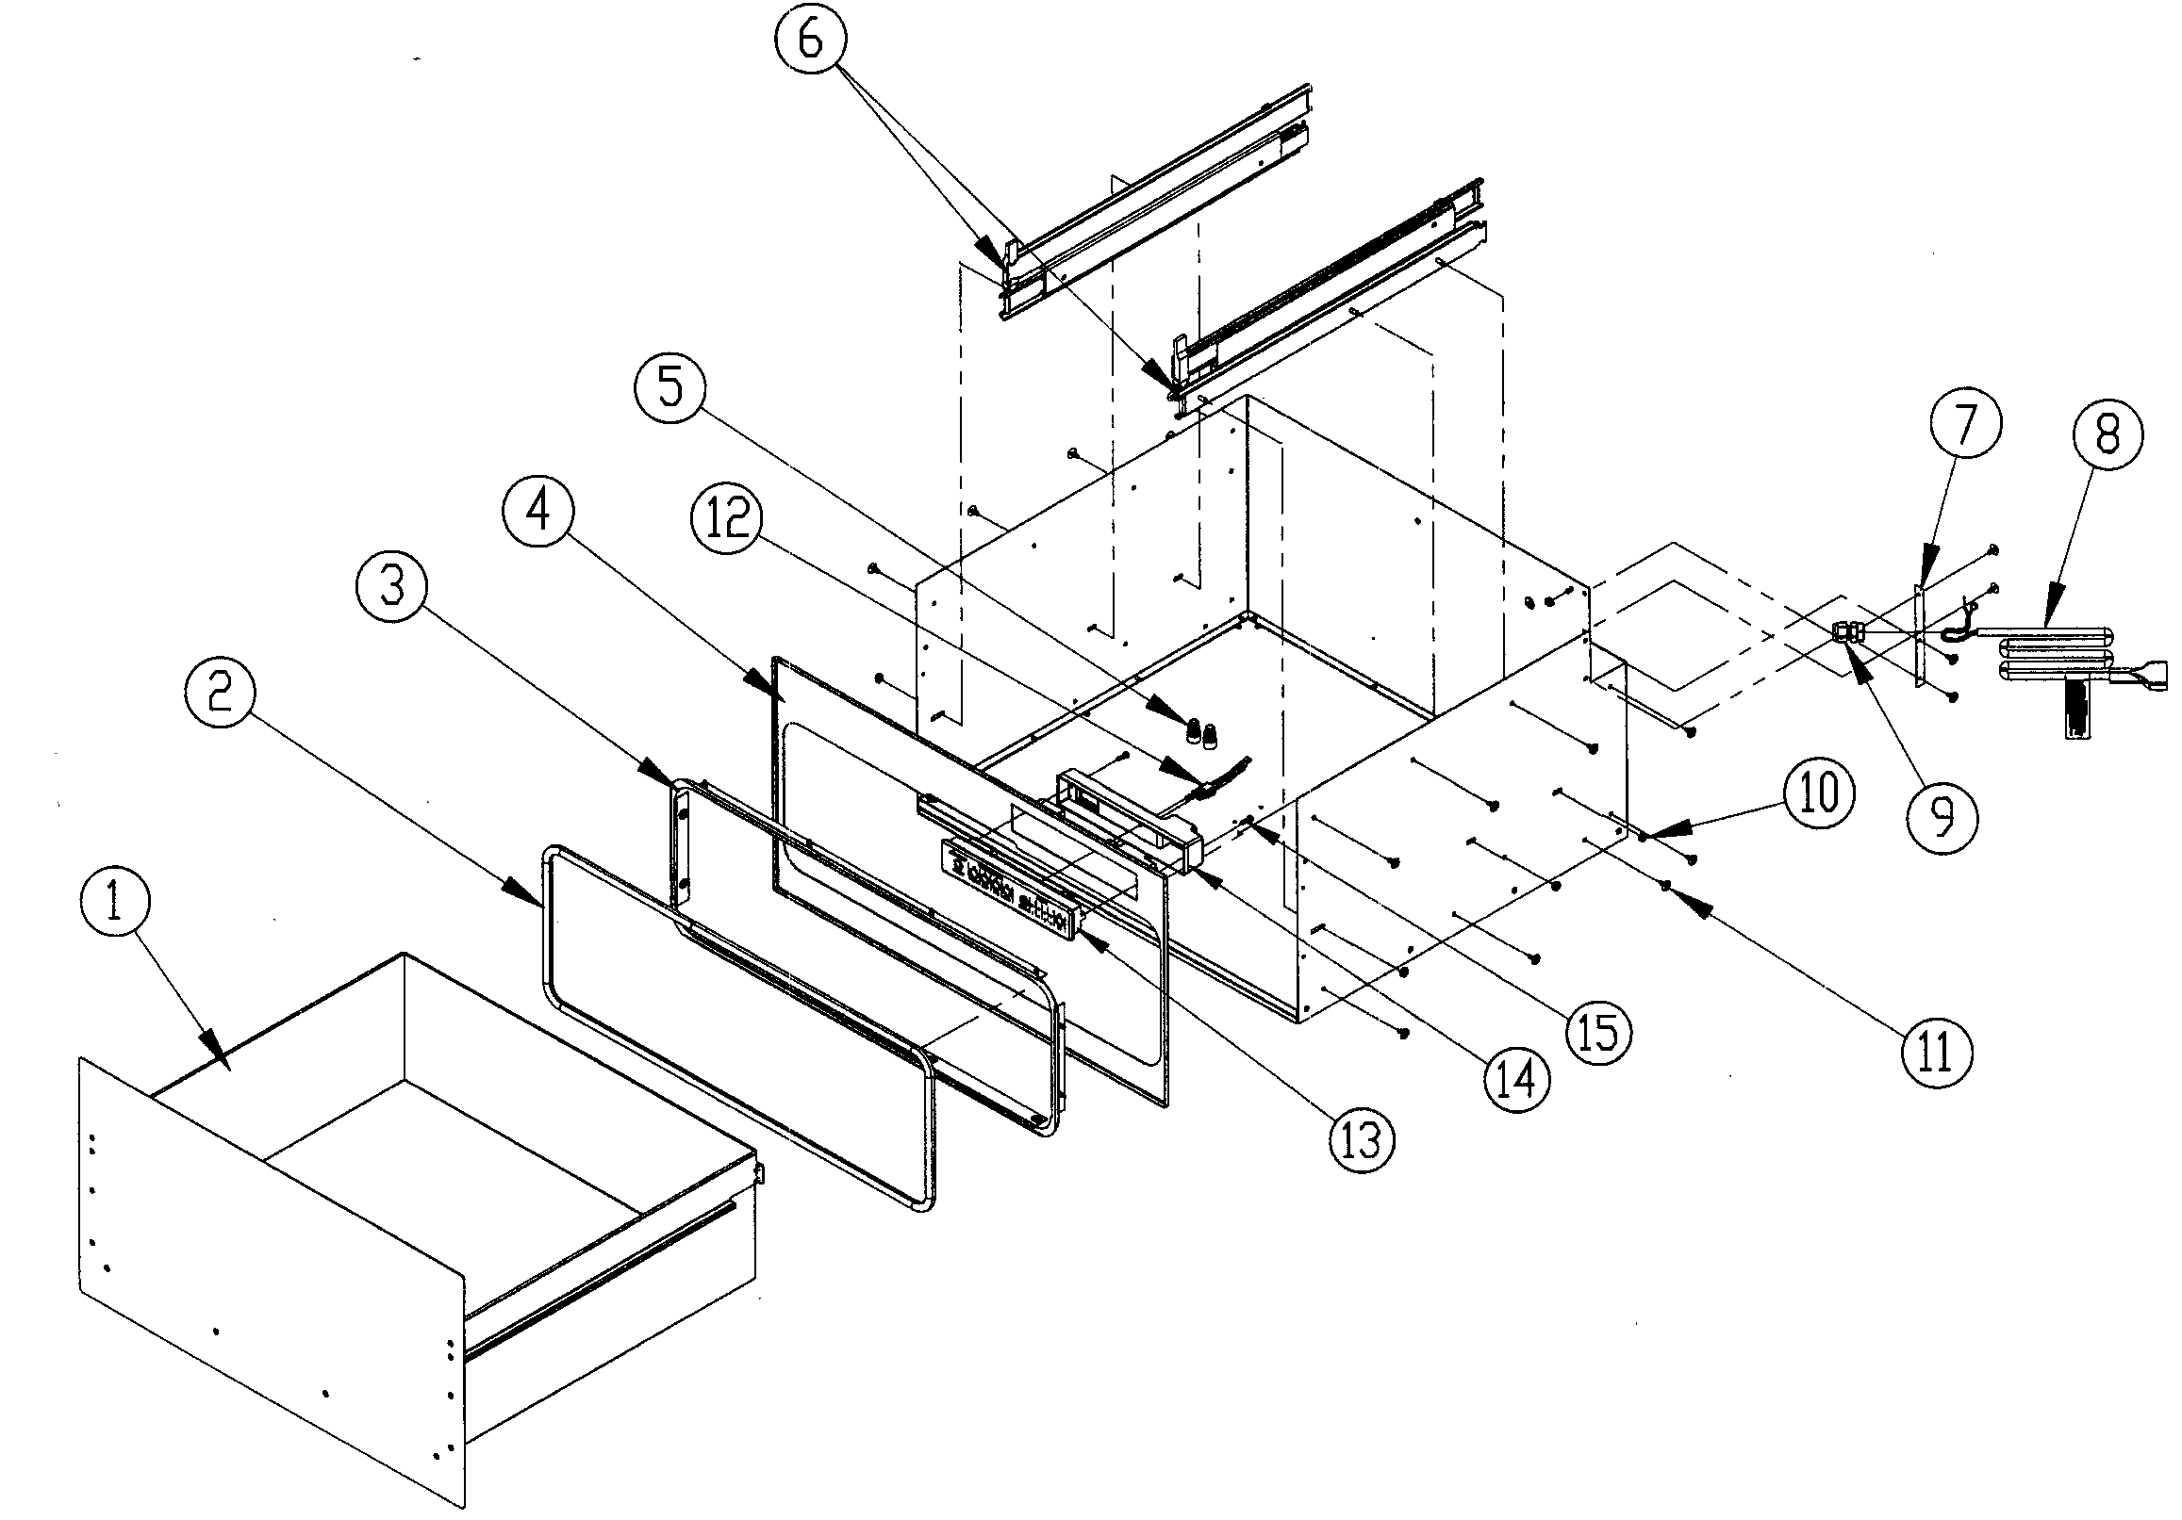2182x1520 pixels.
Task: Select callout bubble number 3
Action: pyautogui.click(x=392, y=587)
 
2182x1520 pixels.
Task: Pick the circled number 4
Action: pyautogui.click(x=538, y=512)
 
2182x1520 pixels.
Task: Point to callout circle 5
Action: pyautogui.click(x=672, y=388)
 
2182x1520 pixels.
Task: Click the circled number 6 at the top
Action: pyautogui.click(x=810, y=41)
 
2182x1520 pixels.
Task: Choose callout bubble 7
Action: pyautogui.click(x=1965, y=424)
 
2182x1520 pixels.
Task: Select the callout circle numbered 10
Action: pyautogui.click(x=1819, y=793)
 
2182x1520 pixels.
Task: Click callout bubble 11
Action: pyautogui.click(x=1937, y=1052)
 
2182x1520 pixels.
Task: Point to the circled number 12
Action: pyautogui.click(x=728, y=518)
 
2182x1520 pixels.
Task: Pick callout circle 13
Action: pyautogui.click(x=1362, y=1139)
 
